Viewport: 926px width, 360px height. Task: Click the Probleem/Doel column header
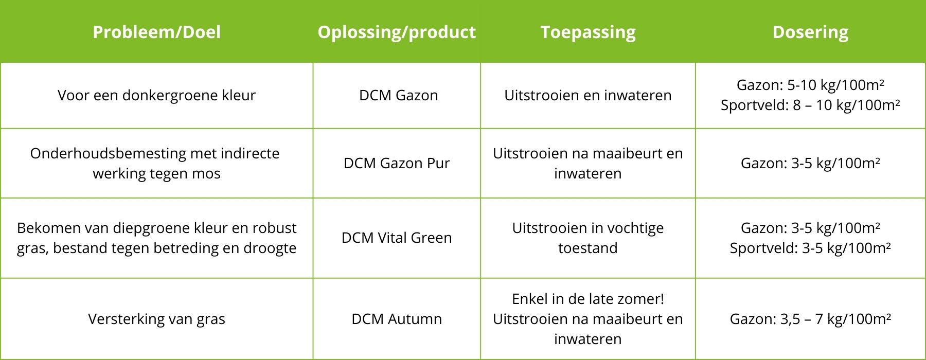(x=156, y=32)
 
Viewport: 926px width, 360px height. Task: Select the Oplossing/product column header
(x=397, y=32)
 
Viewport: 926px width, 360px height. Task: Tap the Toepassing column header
(x=588, y=32)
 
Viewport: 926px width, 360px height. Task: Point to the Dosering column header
(x=810, y=32)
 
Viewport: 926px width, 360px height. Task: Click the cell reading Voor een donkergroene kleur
(x=156, y=95)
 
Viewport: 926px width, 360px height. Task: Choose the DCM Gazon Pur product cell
(x=397, y=163)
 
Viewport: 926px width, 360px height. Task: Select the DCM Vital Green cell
(x=397, y=238)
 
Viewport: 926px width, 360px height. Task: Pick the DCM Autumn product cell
(x=397, y=319)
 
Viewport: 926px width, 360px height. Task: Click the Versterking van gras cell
(x=156, y=319)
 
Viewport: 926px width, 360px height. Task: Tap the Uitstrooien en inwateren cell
(x=588, y=95)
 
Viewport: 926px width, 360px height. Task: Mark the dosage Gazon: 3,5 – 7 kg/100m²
(x=810, y=319)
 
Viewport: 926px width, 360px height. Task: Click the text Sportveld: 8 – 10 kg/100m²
(x=810, y=105)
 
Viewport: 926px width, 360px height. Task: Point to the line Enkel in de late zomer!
(x=588, y=299)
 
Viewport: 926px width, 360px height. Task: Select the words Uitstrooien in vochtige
(x=588, y=228)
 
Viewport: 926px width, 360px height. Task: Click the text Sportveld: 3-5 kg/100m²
(x=810, y=248)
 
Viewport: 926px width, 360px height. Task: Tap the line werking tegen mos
(x=156, y=174)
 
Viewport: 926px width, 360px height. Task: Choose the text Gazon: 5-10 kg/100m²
(x=810, y=85)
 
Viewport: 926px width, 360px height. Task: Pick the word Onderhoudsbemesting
(x=108, y=153)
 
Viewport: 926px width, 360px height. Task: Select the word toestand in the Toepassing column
(x=588, y=248)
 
